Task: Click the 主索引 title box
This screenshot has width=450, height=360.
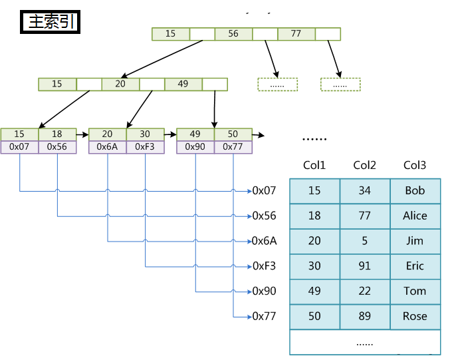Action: [x=51, y=22]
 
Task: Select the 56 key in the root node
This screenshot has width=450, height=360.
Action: [x=233, y=34]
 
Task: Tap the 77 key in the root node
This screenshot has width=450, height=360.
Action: [x=296, y=34]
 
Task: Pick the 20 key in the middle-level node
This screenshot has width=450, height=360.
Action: [x=120, y=84]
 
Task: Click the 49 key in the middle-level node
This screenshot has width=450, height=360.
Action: [x=183, y=84]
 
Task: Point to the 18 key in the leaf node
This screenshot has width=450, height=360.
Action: [x=57, y=134]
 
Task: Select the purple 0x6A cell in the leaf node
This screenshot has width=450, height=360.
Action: [x=108, y=147]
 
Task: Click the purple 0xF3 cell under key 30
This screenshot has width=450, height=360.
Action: [x=145, y=147]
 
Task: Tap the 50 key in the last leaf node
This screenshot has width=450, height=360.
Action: [x=233, y=134]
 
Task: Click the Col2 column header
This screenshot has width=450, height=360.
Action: [x=364, y=166]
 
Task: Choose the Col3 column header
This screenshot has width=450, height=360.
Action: [x=415, y=166]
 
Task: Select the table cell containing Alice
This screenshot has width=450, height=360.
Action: [x=415, y=216]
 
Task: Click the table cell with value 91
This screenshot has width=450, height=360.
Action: [x=364, y=266]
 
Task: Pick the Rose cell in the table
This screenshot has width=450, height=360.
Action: [x=415, y=316]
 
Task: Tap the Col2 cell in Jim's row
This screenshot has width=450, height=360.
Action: [x=364, y=241]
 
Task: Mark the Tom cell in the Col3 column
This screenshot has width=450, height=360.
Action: [x=415, y=291]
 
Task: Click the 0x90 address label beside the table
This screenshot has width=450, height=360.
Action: [x=264, y=291]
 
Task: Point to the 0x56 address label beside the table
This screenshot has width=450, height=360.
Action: [x=264, y=216]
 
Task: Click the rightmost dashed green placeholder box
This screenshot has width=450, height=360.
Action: [x=340, y=85]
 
